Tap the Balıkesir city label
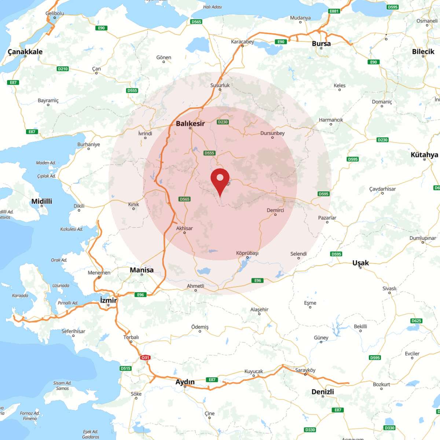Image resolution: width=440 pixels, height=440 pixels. (190, 124)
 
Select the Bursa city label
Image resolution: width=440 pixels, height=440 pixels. (321, 44)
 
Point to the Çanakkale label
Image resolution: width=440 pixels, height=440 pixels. (25, 52)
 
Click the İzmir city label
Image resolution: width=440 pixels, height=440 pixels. (109, 300)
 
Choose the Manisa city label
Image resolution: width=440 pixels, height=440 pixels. (142, 270)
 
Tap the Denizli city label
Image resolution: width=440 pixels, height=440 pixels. (323, 392)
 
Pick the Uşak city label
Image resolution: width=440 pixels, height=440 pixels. (360, 263)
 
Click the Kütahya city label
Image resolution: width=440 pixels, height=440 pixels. (424, 155)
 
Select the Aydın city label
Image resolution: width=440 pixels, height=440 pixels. (185, 382)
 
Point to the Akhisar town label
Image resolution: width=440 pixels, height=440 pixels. (184, 228)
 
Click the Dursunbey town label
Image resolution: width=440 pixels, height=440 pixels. (272, 133)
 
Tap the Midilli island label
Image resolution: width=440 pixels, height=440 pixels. (42, 201)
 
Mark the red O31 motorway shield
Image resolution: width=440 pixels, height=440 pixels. (145, 357)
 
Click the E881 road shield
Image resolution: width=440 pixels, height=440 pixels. (334, 11)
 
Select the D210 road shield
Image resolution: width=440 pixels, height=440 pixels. (63, 69)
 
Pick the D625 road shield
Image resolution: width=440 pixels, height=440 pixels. (416, 321)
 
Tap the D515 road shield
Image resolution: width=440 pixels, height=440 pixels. (125, 368)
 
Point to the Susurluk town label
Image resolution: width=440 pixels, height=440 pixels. (220, 85)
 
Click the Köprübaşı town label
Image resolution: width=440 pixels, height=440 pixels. (247, 253)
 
